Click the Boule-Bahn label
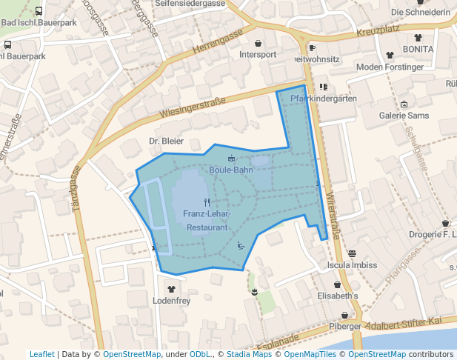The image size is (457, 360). pos(231,170)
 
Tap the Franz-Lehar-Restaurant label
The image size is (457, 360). pos(207,221)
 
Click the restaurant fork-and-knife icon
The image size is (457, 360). pos(207,201)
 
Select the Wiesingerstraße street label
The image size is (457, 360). pos(192,109)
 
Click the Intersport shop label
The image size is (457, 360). pos(258,55)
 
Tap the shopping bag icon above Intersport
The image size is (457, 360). pos(258,43)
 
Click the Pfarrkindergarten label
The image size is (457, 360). pos(324,99)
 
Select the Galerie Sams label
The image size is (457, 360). pos(404,116)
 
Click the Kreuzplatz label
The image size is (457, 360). pos(377,33)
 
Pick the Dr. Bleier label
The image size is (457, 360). pos(166,141)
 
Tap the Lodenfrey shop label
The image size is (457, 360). pos(172,301)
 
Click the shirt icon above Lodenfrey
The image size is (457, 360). pos(172,290)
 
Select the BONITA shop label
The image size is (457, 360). pos(418,49)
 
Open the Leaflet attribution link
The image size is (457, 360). pos(41,354)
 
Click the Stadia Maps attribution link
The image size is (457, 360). pos(249,354)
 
